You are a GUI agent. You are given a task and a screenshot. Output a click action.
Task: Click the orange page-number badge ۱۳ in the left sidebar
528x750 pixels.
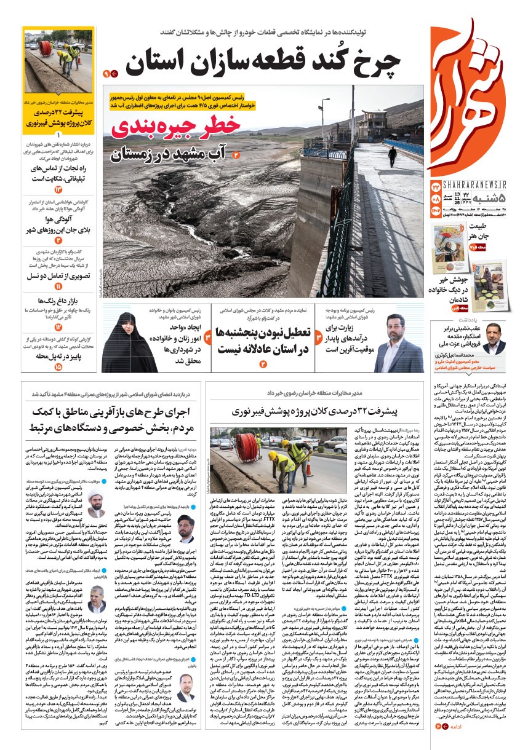click(58, 189)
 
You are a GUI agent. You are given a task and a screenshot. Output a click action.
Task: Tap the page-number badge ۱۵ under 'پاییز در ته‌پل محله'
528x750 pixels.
click(58, 367)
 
